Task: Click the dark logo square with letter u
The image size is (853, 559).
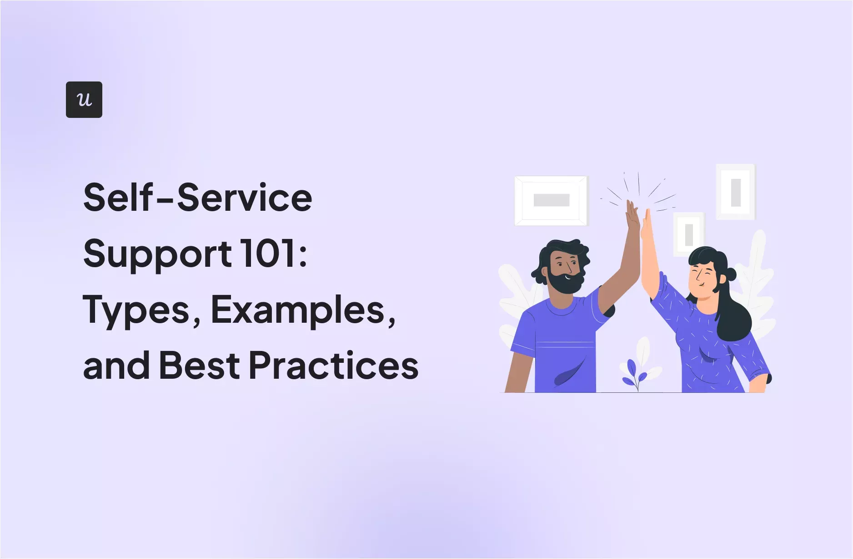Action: (84, 100)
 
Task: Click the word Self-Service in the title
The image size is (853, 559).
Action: (198, 198)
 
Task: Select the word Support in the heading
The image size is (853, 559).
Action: (157, 254)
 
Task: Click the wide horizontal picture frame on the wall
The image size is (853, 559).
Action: (551, 200)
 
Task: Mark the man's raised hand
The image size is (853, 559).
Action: (632, 216)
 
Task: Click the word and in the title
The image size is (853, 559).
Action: (116, 366)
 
